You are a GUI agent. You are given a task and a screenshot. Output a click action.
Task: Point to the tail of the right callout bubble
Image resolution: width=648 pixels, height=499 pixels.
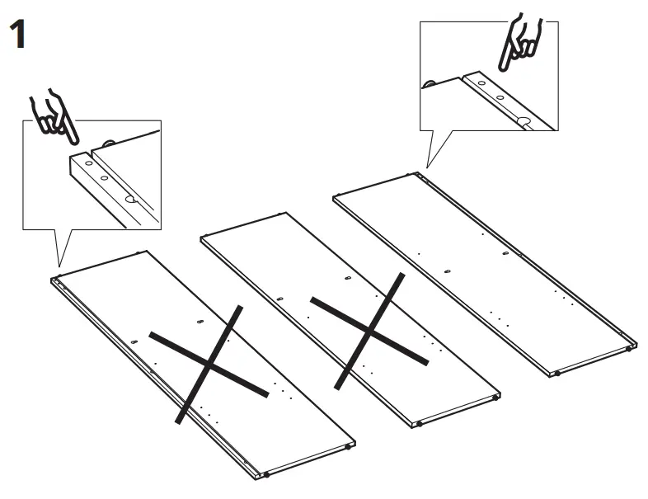[430, 160]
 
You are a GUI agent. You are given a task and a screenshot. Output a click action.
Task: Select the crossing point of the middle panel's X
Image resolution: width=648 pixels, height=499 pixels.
[370, 332]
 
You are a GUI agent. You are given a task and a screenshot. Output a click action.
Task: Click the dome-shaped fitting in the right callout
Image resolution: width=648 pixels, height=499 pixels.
[430, 82]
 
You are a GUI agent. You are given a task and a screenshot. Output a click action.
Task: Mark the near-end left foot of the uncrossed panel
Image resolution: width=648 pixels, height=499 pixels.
[557, 374]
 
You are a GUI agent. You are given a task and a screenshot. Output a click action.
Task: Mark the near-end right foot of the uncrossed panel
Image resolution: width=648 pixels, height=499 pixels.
[630, 349]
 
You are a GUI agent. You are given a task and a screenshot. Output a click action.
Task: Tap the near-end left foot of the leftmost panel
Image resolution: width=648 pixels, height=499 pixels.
[266, 476]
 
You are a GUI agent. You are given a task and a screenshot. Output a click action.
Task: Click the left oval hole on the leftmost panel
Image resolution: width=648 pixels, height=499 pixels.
[133, 341]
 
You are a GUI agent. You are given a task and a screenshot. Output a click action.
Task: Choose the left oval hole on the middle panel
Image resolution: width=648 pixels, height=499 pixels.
[279, 299]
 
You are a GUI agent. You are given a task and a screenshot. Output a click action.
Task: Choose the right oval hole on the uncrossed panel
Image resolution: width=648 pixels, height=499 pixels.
[505, 253]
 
